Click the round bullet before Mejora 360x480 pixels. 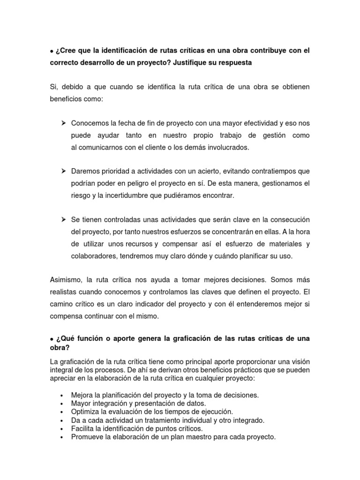(62, 396)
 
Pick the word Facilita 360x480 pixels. (84, 429)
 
